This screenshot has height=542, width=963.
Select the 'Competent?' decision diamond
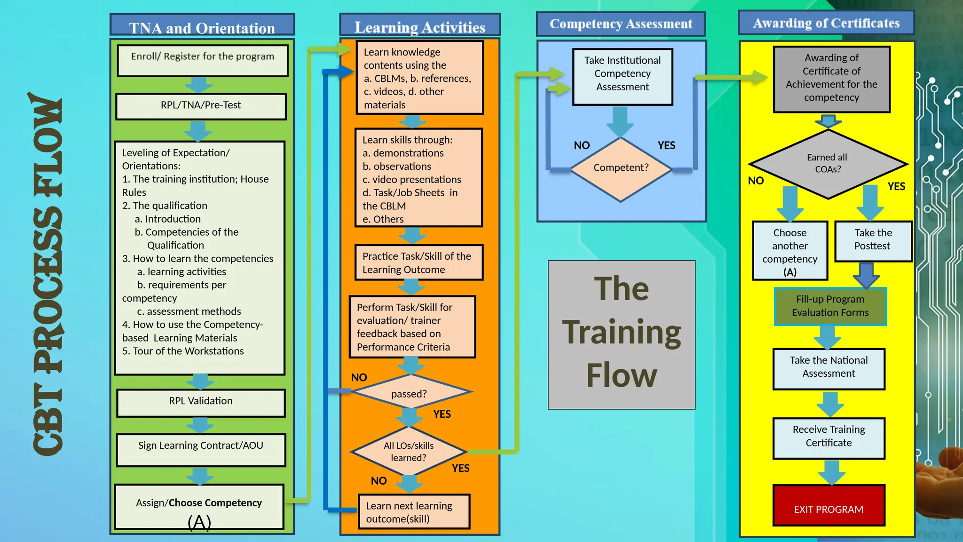click(621, 168)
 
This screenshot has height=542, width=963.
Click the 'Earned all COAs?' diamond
click(828, 163)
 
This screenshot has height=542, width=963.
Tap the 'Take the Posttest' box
click(873, 240)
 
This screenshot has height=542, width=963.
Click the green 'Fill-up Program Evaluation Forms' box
click(830, 306)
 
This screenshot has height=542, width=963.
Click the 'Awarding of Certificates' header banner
click(826, 23)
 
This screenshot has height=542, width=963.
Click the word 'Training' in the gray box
click(621, 333)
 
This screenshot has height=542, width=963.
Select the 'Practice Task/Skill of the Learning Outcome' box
click(418, 263)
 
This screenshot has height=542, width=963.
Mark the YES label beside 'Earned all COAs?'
click(896, 186)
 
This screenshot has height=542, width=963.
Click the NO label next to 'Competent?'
click(582, 145)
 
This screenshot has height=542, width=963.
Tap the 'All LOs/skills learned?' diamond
click(409, 451)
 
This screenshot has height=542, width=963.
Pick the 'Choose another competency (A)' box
click(790, 251)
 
